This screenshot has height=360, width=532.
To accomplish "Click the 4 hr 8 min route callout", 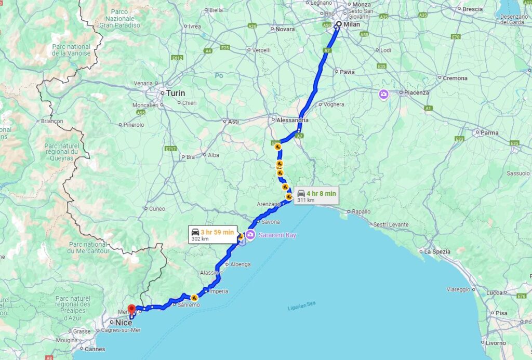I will [x=316, y=196].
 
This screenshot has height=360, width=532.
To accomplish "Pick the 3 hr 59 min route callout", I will [x=213, y=234].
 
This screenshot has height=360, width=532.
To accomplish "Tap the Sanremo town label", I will [x=189, y=305].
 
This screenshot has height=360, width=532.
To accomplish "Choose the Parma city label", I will [x=489, y=132].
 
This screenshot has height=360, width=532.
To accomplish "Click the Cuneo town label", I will [x=157, y=209].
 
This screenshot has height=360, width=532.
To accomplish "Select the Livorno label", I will [x=496, y=343].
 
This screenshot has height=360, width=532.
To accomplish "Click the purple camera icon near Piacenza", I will [x=383, y=94].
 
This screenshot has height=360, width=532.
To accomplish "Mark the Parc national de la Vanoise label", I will [x=71, y=50].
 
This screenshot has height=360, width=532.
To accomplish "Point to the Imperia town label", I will [x=219, y=291].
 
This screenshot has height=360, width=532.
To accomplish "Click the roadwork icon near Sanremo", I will [x=194, y=298].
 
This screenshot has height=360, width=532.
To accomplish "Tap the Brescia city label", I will [x=472, y=9].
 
